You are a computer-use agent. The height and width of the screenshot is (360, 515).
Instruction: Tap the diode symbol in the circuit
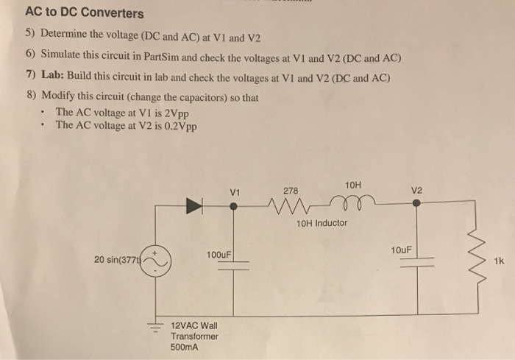click(x=195, y=208)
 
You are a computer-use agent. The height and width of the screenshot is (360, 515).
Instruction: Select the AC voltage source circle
click(x=155, y=260)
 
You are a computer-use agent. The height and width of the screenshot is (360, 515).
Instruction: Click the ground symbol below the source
click(x=155, y=326)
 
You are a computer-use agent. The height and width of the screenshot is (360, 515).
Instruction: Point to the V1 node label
click(x=235, y=193)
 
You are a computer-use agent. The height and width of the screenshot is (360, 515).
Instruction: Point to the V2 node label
click(x=417, y=190)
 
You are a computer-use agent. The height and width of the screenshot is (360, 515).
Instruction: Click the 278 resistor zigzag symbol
click(x=291, y=208)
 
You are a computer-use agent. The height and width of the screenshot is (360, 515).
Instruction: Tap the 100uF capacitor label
click(x=218, y=255)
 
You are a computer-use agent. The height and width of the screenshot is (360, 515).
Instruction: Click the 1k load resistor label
click(x=500, y=261)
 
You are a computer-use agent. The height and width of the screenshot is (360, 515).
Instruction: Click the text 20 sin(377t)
click(x=118, y=259)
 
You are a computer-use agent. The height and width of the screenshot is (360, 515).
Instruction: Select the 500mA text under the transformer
click(x=184, y=347)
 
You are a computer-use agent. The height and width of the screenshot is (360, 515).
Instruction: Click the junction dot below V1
click(x=234, y=208)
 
